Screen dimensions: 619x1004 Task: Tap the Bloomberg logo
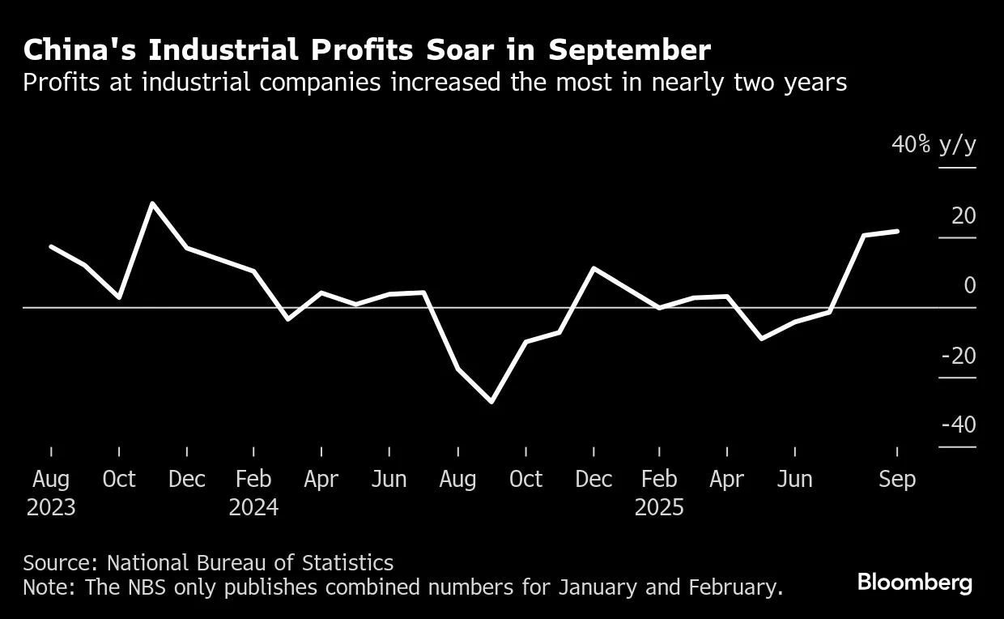click(x=915, y=582)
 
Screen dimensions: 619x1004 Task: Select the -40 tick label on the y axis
click(x=958, y=425)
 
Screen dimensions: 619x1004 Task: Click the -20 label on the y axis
click(x=958, y=356)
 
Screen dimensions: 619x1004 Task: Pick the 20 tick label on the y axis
click(x=964, y=216)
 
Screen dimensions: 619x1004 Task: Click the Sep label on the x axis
click(x=897, y=480)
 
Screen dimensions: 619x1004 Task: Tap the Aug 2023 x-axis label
click(x=51, y=493)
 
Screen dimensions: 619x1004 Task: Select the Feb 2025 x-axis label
click(x=659, y=493)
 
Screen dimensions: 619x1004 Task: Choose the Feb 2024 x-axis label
click(x=253, y=493)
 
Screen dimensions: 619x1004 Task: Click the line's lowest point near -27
click(x=491, y=401)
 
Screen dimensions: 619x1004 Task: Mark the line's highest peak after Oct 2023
click(x=152, y=203)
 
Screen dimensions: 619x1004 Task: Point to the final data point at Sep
click(x=897, y=231)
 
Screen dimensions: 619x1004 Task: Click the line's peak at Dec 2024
click(x=593, y=268)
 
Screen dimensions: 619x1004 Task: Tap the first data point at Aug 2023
click(x=51, y=246)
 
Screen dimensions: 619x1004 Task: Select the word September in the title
click(x=629, y=50)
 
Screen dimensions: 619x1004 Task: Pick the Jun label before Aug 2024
click(x=389, y=480)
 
